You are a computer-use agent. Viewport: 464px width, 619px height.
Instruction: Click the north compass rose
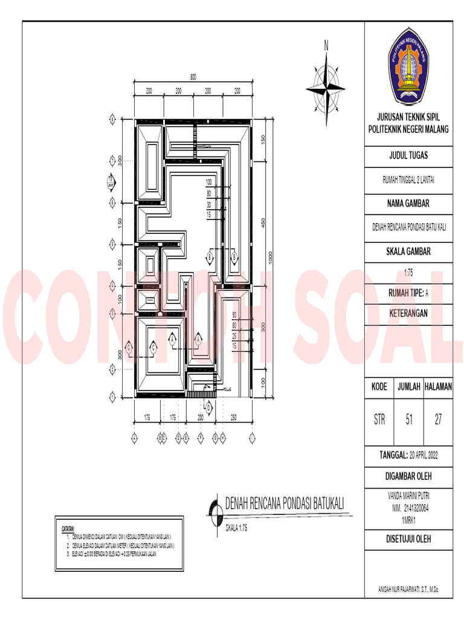(326, 88)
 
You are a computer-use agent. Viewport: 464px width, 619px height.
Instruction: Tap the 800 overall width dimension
(193, 77)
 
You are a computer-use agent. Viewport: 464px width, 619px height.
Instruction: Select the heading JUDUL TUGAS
(408, 155)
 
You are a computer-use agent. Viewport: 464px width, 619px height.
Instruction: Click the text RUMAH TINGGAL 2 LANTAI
(408, 179)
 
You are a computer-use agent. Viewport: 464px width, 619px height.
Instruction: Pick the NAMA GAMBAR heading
(408, 203)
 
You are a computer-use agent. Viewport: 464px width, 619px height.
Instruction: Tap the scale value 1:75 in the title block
(408, 273)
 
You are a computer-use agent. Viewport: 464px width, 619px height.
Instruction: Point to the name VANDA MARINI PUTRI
(408, 494)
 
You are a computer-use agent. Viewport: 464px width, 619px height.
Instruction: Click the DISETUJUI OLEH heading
(408, 539)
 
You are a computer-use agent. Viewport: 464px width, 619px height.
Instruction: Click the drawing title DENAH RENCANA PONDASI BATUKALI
(284, 504)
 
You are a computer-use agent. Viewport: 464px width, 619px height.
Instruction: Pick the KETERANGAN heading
(408, 313)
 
